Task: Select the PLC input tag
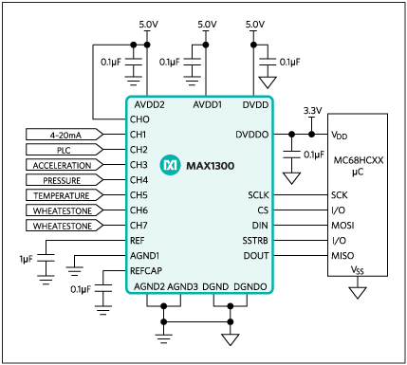coord(64,150)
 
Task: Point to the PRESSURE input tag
coord(64,180)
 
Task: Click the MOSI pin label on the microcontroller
coord(342,226)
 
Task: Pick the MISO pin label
coord(342,256)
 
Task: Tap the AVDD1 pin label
coord(208,105)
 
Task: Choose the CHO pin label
coord(139,119)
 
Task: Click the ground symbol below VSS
coord(358,293)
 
